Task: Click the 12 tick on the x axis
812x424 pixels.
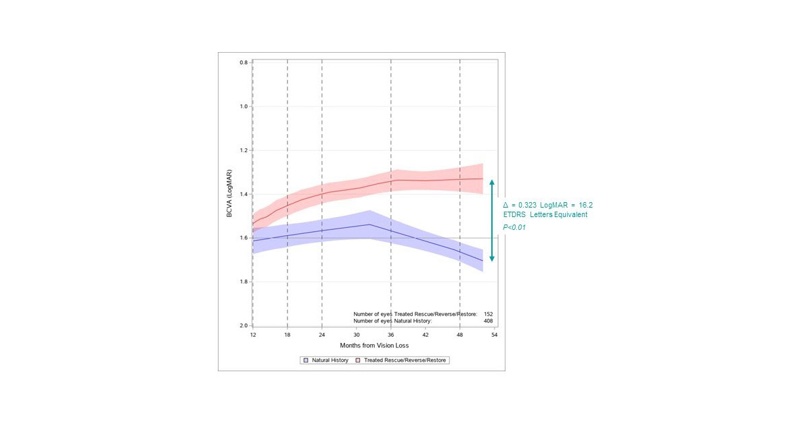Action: point(253,335)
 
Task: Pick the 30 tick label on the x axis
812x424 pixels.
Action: point(357,335)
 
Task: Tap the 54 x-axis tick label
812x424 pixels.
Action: point(495,335)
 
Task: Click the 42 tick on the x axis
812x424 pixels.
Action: point(426,335)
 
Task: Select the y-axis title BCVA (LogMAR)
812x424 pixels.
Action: point(230,194)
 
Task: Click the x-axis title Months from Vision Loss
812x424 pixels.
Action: point(374,346)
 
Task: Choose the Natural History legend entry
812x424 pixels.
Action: point(330,360)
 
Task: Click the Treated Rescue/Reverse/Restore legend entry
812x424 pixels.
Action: point(405,360)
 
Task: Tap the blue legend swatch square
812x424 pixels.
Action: point(306,360)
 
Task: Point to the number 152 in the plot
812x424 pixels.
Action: point(489,314)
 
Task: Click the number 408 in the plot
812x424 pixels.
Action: point(489,321)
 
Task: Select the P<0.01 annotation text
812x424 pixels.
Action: point(514,228)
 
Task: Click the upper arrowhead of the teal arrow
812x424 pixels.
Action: point(492,181)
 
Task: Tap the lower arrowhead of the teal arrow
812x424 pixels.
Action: point(492,259)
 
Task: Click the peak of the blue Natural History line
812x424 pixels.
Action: point(369,225)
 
